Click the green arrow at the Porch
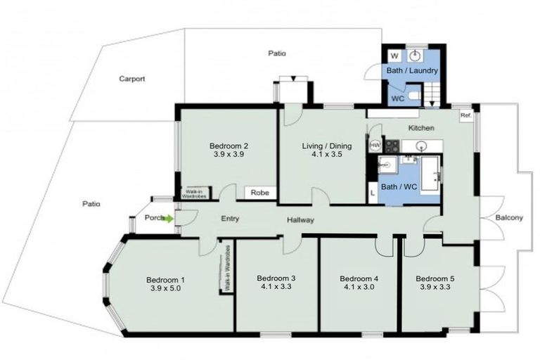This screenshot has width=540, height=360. (169, 218)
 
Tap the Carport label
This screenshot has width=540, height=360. (131, 79)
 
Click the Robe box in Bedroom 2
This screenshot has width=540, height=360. (259, 192)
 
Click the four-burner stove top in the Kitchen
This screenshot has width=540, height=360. (390, 146)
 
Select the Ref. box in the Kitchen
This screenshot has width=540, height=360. (465, 116)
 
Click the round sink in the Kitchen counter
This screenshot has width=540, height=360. (422, 146)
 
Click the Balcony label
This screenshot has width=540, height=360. (508, 218)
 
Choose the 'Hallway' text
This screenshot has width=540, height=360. (300, 220)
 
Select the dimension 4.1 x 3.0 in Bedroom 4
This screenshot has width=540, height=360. (361, 287)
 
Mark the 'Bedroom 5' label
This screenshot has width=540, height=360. (435, 278)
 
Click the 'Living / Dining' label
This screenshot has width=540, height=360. (322, 146)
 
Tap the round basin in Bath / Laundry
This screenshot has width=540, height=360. (416, 56)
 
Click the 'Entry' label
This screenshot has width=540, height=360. (229, 219)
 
